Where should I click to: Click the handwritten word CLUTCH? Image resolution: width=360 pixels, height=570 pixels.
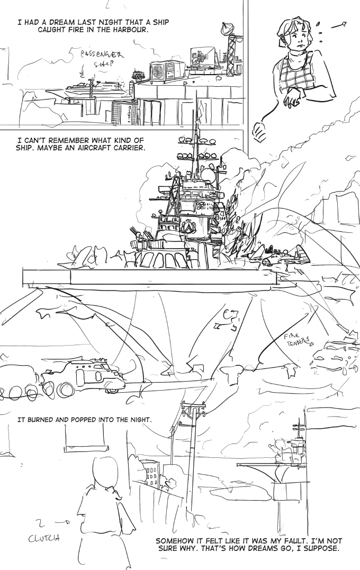pos(46,539)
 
